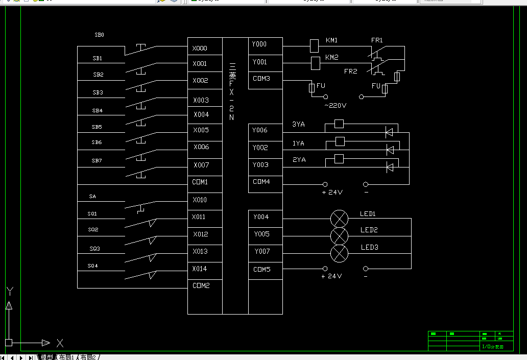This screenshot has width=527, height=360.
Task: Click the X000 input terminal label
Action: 200,49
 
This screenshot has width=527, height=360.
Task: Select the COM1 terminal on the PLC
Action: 200,182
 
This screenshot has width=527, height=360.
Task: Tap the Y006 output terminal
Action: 259,130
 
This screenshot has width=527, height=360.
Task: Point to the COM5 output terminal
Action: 261,269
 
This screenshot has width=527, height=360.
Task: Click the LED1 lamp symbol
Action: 339,219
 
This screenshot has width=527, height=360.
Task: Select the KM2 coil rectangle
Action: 315,63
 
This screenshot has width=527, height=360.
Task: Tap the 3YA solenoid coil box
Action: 339,124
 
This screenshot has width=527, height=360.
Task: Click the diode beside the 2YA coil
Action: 390,166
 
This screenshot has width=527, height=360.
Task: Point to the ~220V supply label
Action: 335,106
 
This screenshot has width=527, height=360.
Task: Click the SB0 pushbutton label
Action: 99,35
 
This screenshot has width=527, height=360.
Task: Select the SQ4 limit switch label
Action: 92,266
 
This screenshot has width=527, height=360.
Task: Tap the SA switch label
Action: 92,196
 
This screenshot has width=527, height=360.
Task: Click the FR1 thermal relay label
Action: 377,40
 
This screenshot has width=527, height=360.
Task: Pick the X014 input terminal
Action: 200,269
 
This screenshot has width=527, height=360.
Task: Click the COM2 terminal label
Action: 201,286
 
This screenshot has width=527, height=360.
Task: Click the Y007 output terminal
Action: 261,251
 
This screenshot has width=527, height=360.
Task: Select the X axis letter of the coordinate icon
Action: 60,343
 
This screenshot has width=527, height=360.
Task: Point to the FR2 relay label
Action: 351,71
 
